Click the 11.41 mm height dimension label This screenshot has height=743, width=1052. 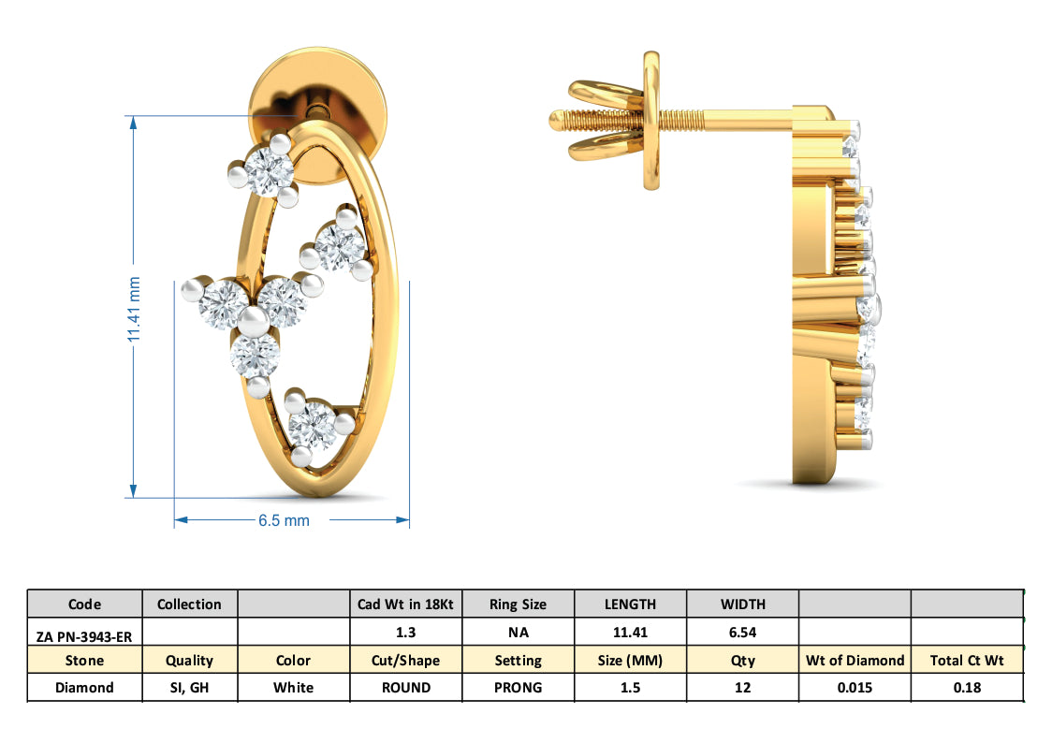click(134, 310)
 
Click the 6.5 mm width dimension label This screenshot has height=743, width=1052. click(284, 520)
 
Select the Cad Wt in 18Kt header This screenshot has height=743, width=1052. click(405, 605)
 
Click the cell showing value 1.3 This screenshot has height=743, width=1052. click(405, 633)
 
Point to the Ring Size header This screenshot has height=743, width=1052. click(518, 605)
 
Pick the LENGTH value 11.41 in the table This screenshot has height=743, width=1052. click(630, 633)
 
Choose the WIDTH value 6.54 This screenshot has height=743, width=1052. click(742, 633)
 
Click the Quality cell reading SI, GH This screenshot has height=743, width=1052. click(189, 688)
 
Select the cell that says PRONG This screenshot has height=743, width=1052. click(518, 688)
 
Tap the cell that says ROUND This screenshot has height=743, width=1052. click(405, 688)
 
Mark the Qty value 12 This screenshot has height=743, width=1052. click(742, 688)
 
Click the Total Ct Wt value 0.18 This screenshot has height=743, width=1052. click(967, 688)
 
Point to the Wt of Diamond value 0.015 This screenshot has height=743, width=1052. click(855, 688)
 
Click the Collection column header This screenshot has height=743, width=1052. click(189, 605)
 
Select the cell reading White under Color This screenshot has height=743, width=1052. click(293, 688)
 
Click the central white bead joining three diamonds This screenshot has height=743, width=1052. click(252, 323)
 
